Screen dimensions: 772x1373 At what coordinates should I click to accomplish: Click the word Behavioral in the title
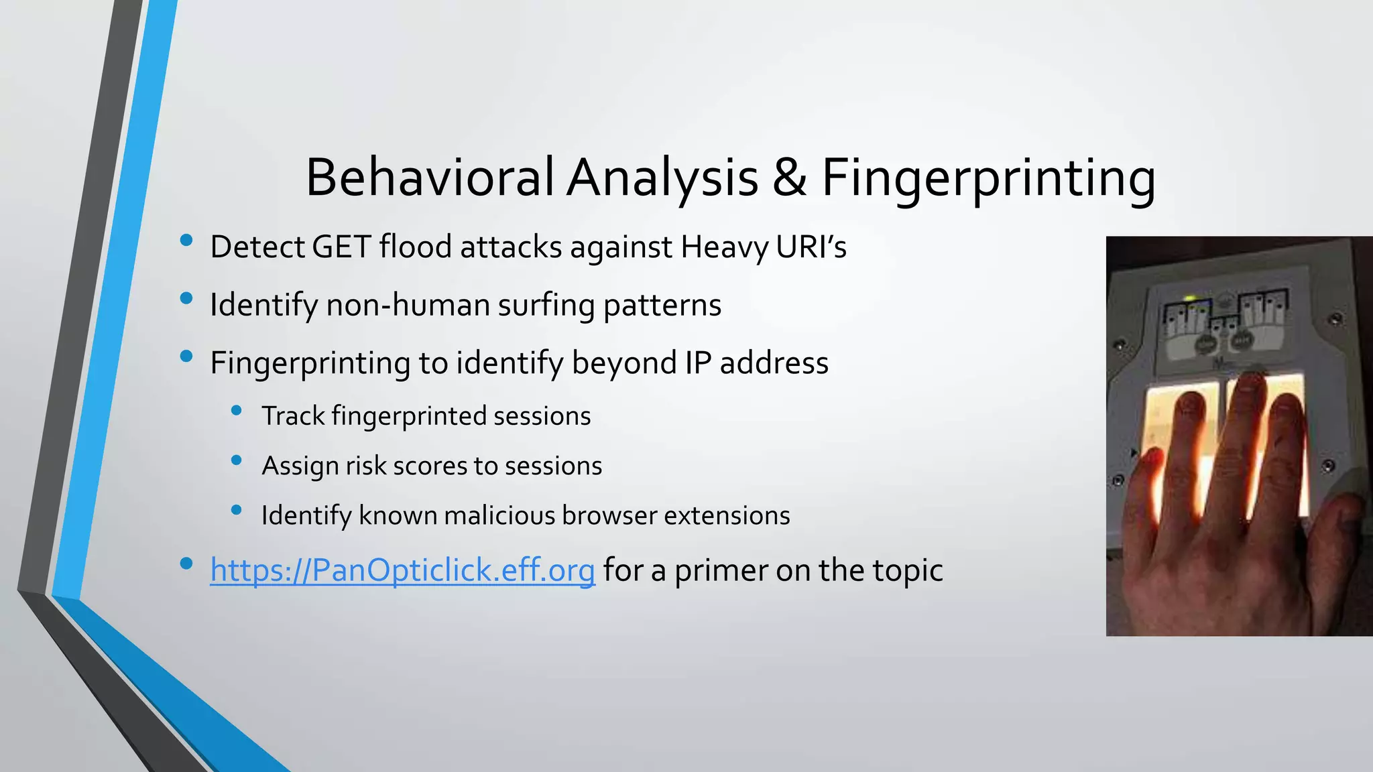coord(430,178)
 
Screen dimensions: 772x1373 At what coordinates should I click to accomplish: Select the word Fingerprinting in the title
coord(988,178)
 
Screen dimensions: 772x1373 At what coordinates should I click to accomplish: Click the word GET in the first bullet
coord(341,247)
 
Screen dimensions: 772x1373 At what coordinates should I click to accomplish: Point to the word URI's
coord(811,247)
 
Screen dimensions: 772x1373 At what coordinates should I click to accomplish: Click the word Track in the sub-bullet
coord(292,416)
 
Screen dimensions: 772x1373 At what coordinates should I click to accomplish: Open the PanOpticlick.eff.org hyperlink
coord(402,571)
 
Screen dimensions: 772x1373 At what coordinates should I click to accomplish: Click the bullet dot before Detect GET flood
coord(186,241)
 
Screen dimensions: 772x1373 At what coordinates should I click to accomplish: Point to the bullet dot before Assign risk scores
coord(236,460)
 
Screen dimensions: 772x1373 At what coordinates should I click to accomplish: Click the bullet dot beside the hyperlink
coord(186,564)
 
